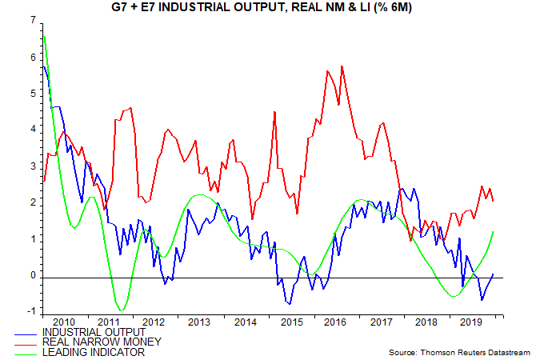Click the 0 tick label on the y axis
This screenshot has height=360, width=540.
[x=32, y=276]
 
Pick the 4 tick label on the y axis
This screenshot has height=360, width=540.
[x=32, y=129]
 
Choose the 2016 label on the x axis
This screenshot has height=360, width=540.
[x=335, y=322]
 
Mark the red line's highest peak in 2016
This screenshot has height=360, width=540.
[x=342, y=66]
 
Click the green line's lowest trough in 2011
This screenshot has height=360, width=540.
[x=121, y=310]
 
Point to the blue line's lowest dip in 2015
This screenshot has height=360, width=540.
[x=289, y=304]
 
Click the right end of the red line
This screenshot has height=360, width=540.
[x=493, y=201]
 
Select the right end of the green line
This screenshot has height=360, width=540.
[x=493, y=232]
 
